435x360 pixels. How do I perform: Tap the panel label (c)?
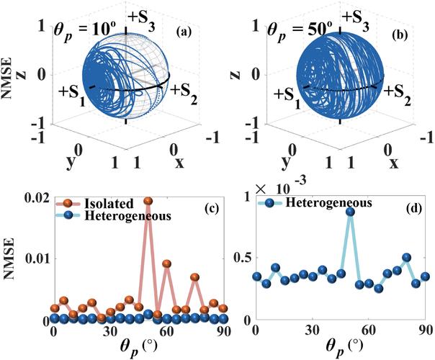coord(213,210)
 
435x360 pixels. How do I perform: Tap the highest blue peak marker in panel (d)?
coord(350,212)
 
